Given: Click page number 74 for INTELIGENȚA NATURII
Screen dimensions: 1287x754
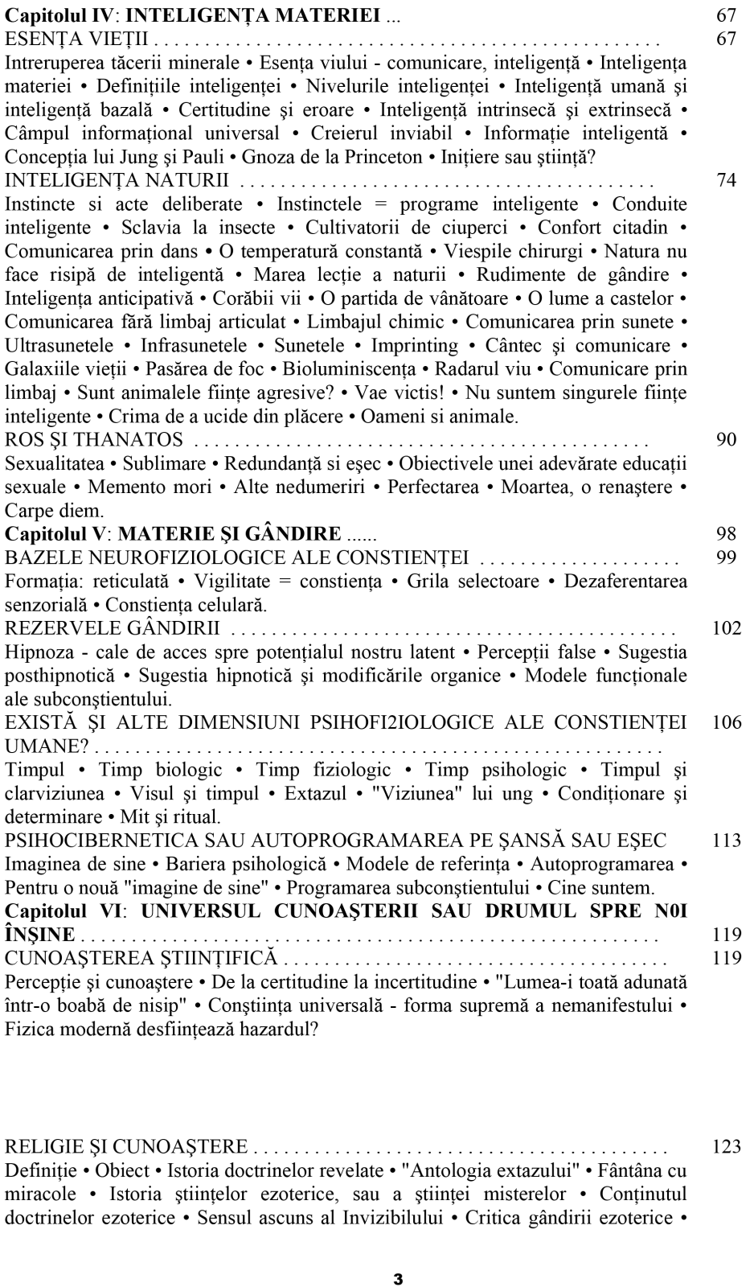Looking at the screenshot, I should pos(726,180).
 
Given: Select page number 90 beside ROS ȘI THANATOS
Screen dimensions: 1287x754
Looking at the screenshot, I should pos(726,441).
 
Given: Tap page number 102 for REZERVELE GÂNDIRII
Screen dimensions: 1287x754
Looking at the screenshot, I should pos(727,628).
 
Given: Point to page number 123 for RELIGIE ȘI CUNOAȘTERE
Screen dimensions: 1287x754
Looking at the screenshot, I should pos(727,1146).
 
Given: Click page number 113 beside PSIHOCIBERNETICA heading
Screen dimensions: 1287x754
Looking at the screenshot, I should pos(727,841).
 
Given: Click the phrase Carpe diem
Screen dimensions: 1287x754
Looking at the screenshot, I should pos(43,511).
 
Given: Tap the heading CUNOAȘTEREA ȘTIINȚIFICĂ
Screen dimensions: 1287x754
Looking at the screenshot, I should pos(141,958).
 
